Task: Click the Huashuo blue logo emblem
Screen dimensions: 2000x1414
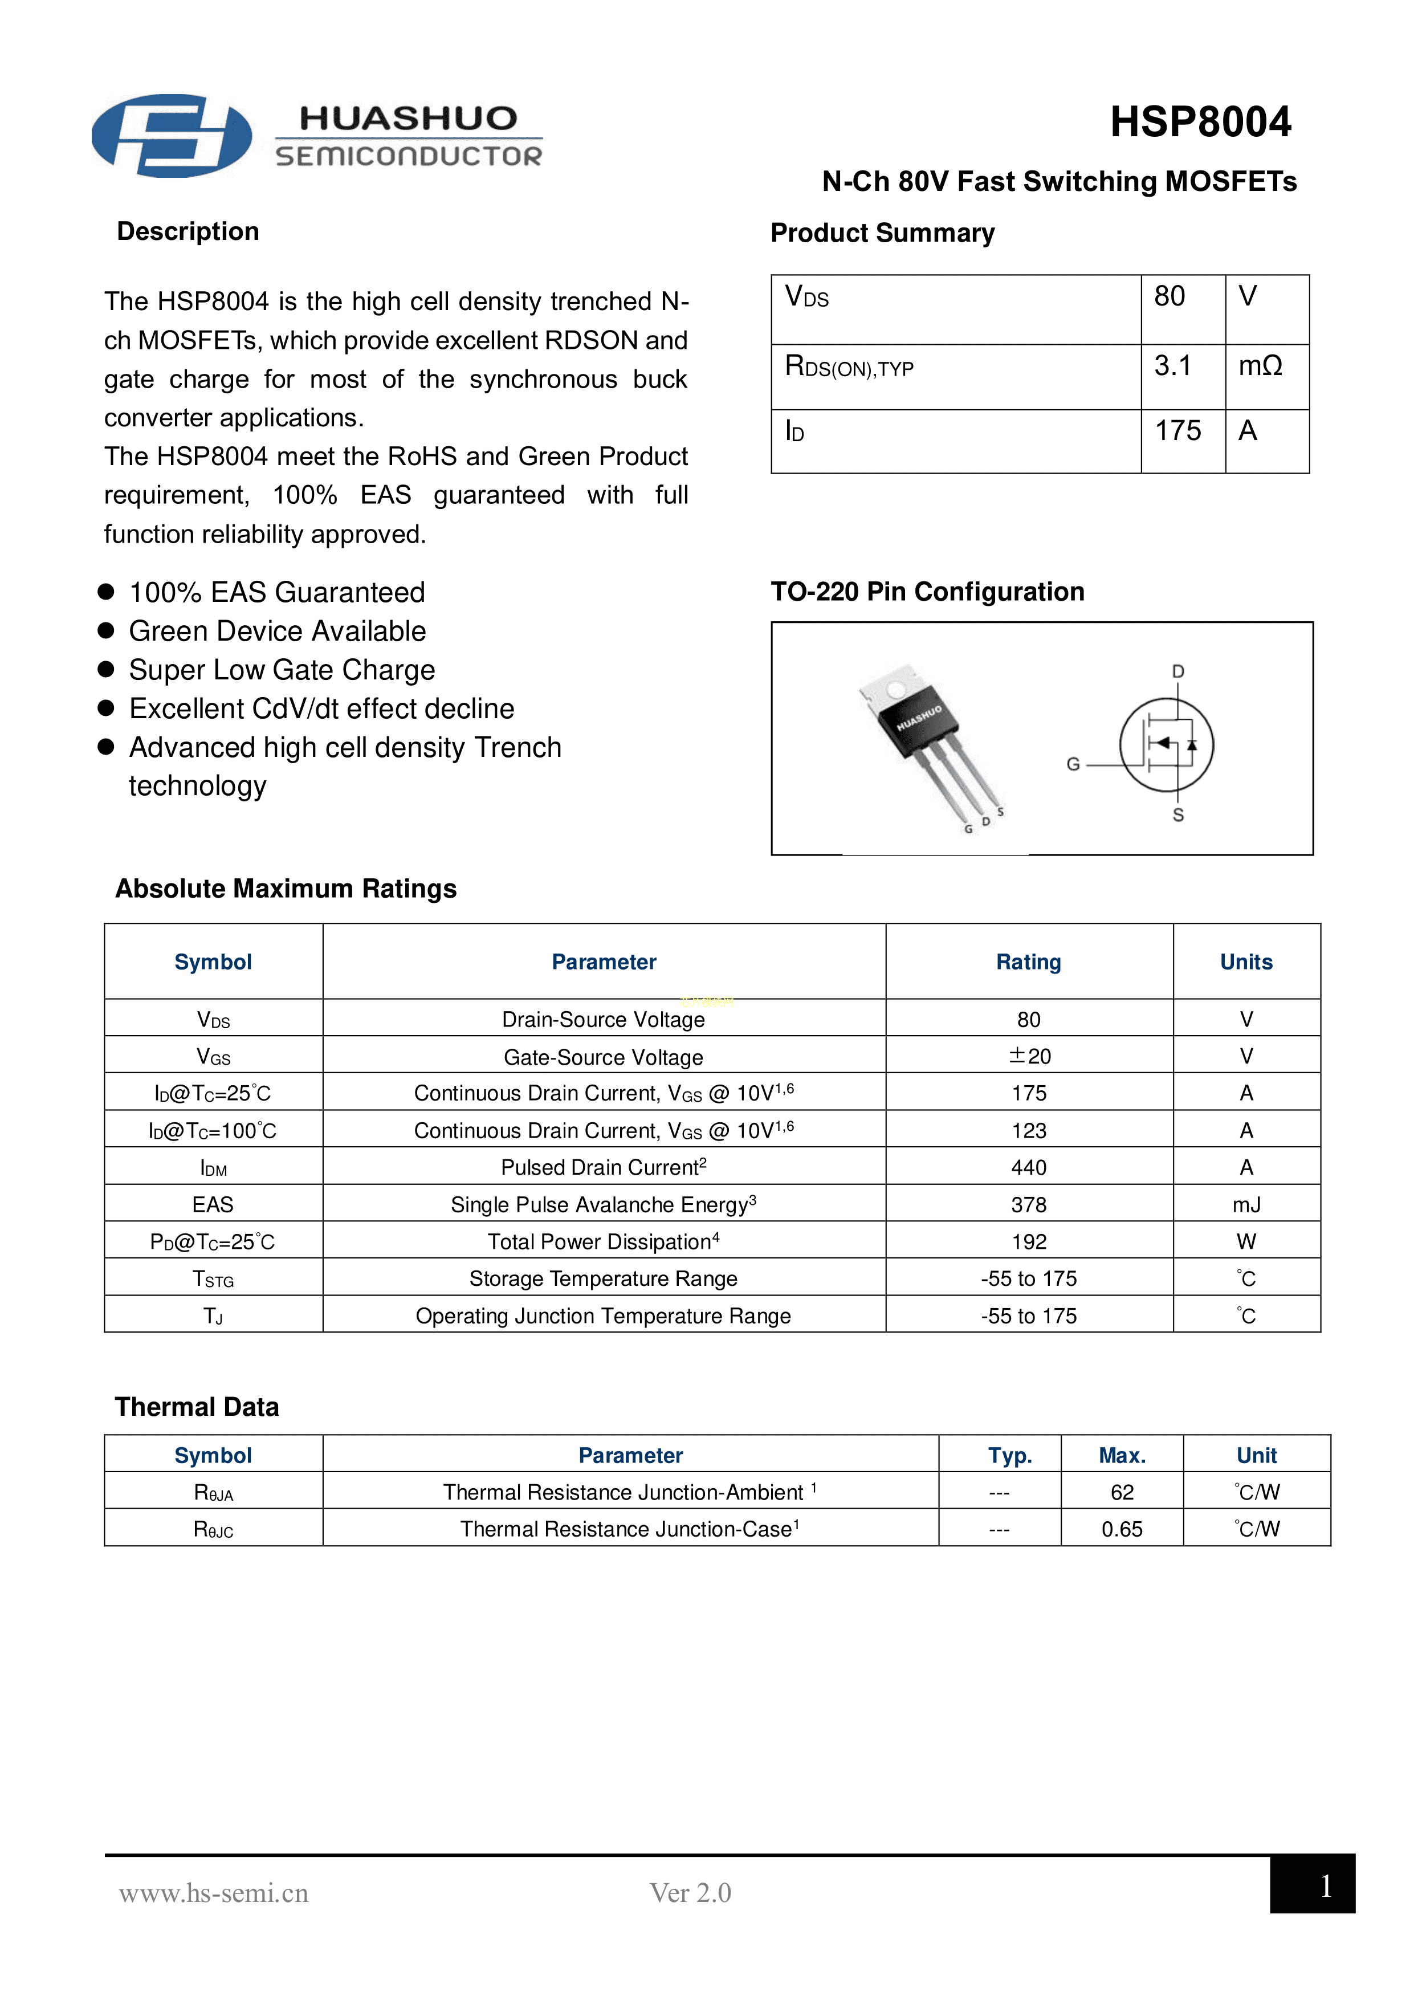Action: pos(172,136)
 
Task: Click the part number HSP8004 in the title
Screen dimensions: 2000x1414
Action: pos(1200,122)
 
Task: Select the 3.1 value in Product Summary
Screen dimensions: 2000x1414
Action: pos(1173,366)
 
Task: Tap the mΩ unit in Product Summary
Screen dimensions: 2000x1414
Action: pos(1260,366)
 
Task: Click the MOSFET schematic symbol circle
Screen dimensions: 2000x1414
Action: pos(1167,745)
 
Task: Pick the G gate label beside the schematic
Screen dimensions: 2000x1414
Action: pos(1073,764)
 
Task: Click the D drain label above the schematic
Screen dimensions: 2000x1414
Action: pos(1178,671)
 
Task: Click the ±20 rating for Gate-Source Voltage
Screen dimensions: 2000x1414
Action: pos(1029,1056)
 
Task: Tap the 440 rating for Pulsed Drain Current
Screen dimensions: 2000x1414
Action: pos(1029,1167)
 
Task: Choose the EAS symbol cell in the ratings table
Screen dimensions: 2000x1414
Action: pos(213,1205)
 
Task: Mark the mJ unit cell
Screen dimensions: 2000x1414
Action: pos(1246,1205)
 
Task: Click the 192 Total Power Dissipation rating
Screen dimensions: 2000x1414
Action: pos(1029,1241)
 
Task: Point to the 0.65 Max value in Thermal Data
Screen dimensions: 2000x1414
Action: pos(1121,1529)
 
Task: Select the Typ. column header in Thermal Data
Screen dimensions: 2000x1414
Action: pos(1010,1456)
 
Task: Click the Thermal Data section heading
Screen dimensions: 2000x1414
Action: pos(197,1407)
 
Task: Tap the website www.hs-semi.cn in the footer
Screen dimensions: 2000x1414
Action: pos(214,1893)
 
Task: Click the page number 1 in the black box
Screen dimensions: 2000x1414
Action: pos(1325,1887)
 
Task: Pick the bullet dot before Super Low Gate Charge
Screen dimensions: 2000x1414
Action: pos(106,669)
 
